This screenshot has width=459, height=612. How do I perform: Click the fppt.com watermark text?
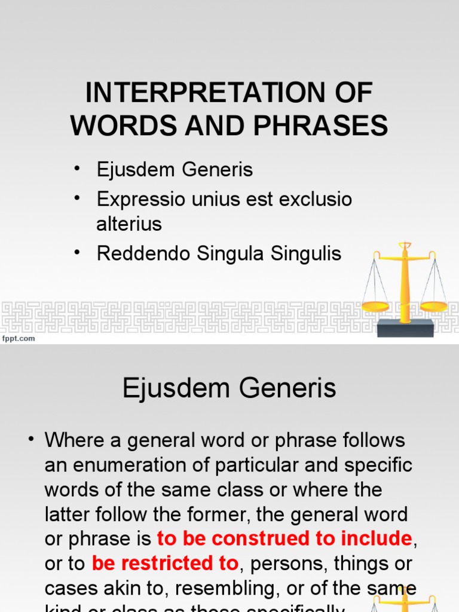pos(18,338)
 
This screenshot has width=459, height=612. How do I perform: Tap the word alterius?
pos(129,224)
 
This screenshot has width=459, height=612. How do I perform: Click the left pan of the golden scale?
pos(375,307)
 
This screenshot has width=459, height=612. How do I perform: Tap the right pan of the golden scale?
pos(433,307)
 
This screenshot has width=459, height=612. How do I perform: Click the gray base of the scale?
pos(406,328)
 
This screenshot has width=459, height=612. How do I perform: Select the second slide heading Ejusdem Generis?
pos(229,389)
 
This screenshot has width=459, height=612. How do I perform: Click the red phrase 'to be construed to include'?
pos(284,538)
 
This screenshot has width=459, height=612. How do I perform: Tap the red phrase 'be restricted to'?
pos(165,563)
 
